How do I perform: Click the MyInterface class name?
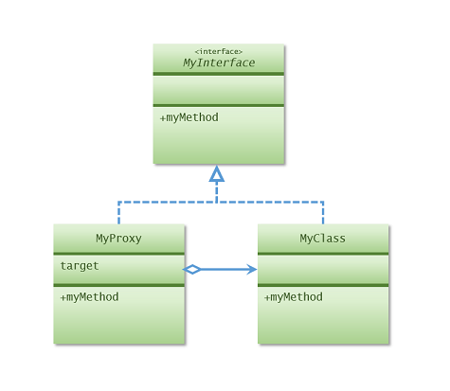[218, 63]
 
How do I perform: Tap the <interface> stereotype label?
[218, 51]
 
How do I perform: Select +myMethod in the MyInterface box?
[189, 117]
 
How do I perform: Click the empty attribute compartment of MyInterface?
[218, 90]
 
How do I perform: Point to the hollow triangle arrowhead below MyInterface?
[217, 173]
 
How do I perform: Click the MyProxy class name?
[118, 239]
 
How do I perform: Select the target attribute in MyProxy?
[80, 266]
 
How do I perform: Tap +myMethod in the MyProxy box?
[89, 297]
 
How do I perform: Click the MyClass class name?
[323, 239]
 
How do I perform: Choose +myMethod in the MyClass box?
[294, 297]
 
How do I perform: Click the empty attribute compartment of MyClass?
[323, 269]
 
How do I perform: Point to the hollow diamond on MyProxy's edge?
[192, 270]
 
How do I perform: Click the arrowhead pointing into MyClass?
[251, 270]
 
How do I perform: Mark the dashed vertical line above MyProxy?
[118, 213]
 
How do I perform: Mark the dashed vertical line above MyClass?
[323, 213]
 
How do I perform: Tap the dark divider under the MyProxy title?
[118, 254]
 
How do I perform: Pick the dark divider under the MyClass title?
[323, 254]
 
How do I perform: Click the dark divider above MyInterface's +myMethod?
[218, 105]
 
